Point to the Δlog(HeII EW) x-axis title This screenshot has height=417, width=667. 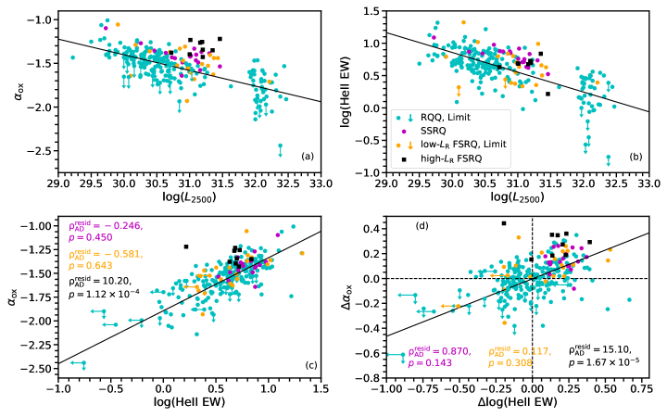[516, 405]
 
